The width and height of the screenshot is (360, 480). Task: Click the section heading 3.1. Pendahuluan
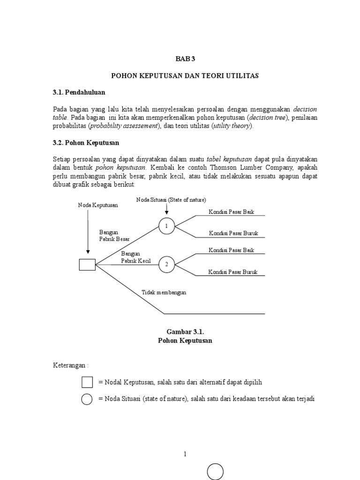[x=79, y=92]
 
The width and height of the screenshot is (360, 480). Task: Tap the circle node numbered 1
[x=166, y=226]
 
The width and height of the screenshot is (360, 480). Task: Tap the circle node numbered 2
[x=166, y=265]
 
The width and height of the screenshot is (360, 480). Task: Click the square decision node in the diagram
[x=87, y=265]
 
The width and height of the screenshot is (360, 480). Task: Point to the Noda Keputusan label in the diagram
[x=98, y=205]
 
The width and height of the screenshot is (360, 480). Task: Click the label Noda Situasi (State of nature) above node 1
[x=171, y=200]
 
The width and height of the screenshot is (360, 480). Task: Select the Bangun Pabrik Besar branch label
[x=114, y=235]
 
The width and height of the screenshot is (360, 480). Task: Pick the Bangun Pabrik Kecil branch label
[x=136, y=257]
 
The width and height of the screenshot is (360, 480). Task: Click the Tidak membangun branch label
[x=164, y=292]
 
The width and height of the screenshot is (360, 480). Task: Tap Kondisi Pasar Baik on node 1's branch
[x=232, y=212]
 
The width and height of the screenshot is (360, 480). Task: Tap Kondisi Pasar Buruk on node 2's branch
[x=233, y=272]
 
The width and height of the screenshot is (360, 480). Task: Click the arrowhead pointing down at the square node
[x=88, y=252]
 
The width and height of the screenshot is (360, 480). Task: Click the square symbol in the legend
[x=87, y=382]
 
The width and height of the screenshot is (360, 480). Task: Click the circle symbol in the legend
[x=87, y=399]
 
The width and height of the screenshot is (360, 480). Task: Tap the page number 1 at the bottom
[x=185, y=454]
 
